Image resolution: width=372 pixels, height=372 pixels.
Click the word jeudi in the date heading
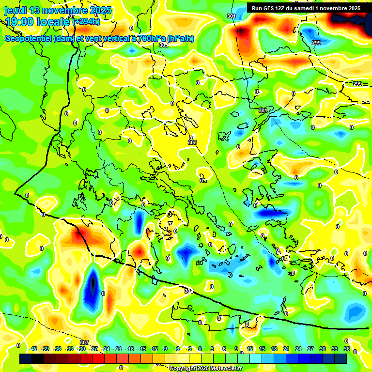click(16, 10)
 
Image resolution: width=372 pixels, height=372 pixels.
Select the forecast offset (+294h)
click(86, 21)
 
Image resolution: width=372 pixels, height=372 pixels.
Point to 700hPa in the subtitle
click(148, 39)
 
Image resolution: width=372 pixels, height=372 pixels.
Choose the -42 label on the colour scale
click(33, 349)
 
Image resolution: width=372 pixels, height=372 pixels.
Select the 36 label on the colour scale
click(346, 349)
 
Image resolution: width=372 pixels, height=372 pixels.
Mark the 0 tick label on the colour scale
click(200, 349)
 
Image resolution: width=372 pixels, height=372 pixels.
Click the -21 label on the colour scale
click(118, 349)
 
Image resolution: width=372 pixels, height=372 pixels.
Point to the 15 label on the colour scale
click(262, 349)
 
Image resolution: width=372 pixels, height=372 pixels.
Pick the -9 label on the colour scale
click(165, 349)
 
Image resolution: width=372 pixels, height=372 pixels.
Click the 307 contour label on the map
click(84, 343)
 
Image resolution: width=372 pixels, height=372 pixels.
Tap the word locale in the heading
click(53, 21)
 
